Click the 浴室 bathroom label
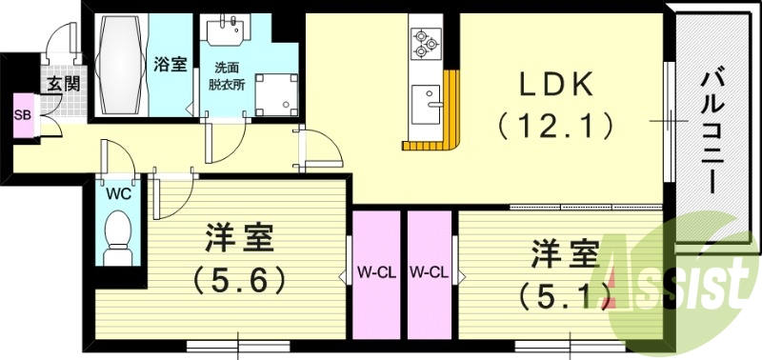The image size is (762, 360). coord(170,64)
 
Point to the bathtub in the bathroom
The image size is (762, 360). coord(121,64)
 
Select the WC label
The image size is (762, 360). coord(119,193)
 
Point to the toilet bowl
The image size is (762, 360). coord(119,233)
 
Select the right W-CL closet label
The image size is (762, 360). coord(430,273)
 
